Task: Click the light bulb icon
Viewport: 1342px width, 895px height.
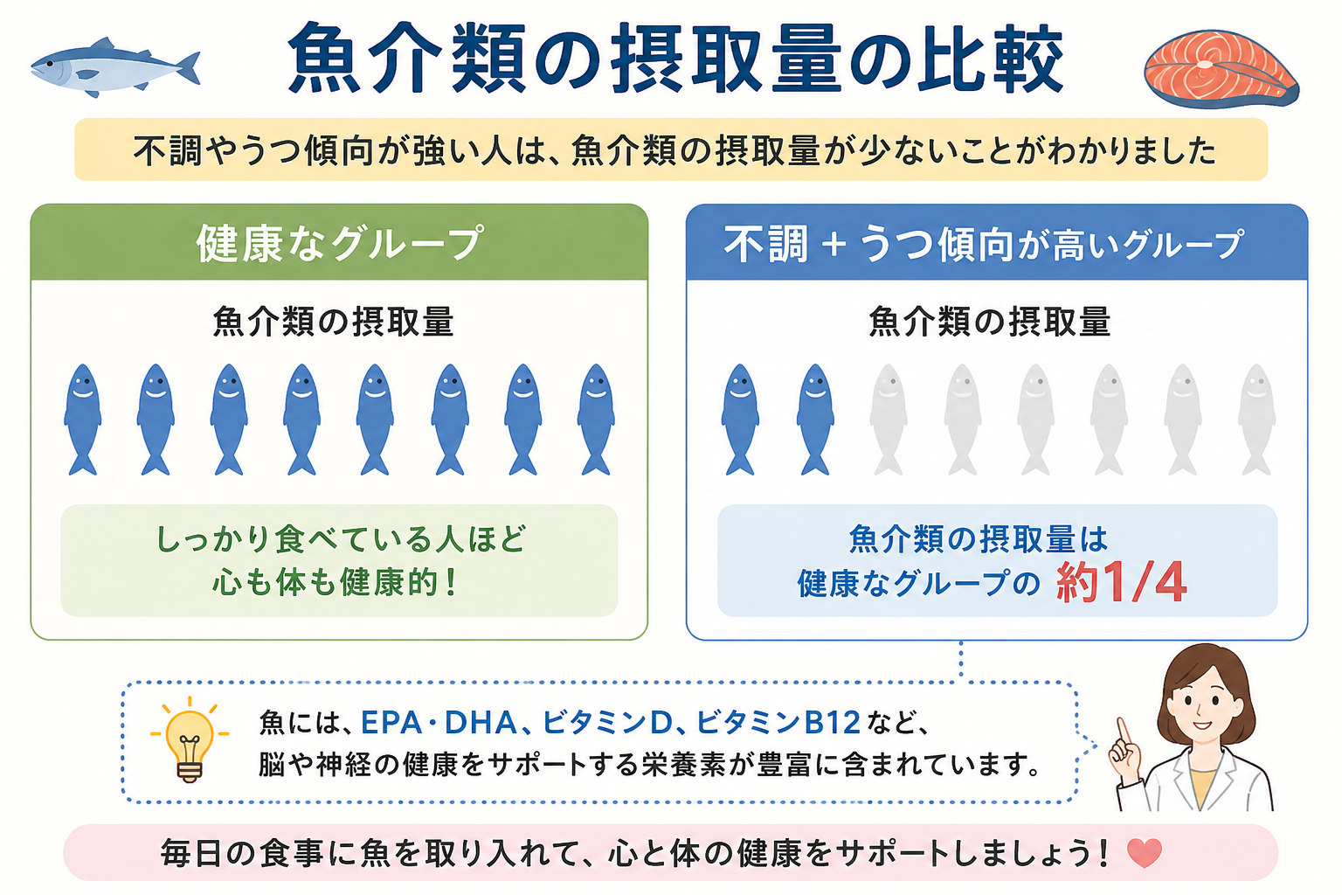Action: pos(190,741)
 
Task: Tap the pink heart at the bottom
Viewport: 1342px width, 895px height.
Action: pos(1145,853)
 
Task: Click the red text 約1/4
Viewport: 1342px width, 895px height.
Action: pos(1122,581)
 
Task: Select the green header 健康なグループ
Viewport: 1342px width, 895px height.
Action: pos(339,243)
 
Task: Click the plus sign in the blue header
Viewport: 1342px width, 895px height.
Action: pos(834,246)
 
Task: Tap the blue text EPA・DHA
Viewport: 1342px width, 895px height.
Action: pos(439,722)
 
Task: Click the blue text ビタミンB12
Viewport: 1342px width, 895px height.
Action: pos(778,722)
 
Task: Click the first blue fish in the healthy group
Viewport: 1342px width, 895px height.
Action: pos(83,420)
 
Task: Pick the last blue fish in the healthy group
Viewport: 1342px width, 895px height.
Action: pos(596,420)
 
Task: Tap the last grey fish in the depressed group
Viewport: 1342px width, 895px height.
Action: pos(1256,420)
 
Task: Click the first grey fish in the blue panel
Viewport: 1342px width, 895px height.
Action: pos(889,420)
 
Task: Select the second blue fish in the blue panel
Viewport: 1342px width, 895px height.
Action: pos(815,420)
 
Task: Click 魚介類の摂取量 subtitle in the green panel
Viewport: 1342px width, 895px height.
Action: pos(333,322)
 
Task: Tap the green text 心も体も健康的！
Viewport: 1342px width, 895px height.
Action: pos(335,581)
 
